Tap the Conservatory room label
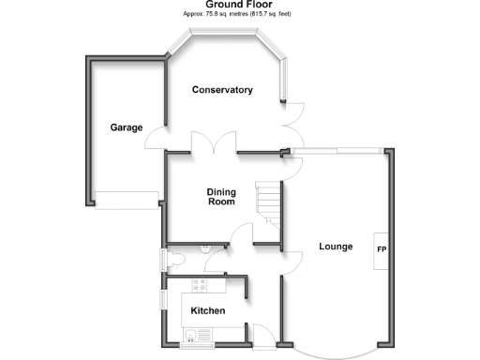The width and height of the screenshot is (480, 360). tap(222, 90)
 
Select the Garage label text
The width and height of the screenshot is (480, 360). tap(126, 127)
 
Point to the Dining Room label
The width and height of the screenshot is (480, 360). tap(221, 197)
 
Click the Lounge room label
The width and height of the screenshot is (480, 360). tap(336, 247)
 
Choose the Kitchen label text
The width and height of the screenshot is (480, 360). tap(207, 310)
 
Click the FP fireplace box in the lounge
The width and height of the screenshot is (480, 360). tap(382, 250)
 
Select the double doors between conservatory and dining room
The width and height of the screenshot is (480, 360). tap(214, 142)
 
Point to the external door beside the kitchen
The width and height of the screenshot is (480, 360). tap(264, 335)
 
